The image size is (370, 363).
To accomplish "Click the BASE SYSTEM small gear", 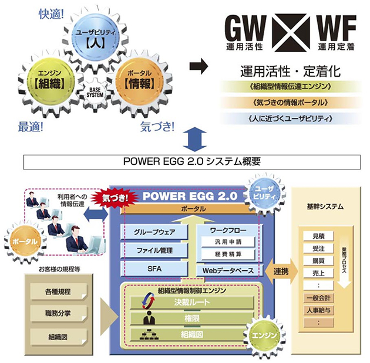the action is click(95, 92).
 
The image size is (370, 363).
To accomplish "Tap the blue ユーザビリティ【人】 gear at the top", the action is click(95, 38).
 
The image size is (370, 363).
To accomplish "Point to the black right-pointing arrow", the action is click(199, 66).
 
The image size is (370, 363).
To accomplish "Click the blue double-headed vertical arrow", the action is click(195, 139).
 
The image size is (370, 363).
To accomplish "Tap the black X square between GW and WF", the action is click(292, 33).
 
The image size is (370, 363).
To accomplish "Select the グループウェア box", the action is click(154, 232).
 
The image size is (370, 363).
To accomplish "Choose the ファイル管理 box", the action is click(154, 250).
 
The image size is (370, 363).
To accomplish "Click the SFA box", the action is click(154, 269).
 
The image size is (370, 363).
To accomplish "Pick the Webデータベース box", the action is click(228, 270).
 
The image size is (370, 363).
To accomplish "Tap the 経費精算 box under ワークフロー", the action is click(228, 254).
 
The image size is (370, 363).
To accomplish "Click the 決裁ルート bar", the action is click(192, 302).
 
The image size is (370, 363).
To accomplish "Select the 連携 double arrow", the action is click(281, 272).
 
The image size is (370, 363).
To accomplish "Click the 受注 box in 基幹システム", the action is click(318, 249).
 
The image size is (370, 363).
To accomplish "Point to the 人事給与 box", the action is click(318, 310).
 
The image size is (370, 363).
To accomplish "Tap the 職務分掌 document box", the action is click(58, 314).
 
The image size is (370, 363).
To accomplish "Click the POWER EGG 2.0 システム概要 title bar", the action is click(192, 162).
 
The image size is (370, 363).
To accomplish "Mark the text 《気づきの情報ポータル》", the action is click(290, 103).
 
